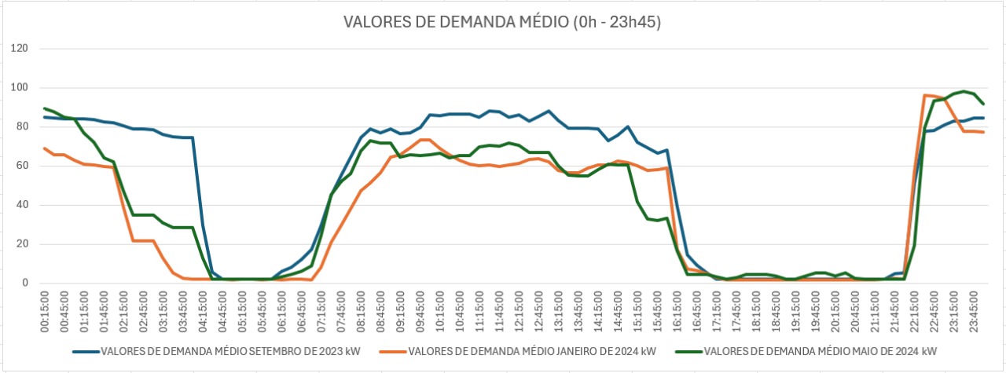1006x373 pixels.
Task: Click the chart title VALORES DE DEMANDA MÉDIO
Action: tap(502, 22)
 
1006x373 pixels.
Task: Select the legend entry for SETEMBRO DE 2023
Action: tap(223, 350)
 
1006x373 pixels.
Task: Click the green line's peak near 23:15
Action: tap(964, 91)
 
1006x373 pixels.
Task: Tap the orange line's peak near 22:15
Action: tap(925, 95)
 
